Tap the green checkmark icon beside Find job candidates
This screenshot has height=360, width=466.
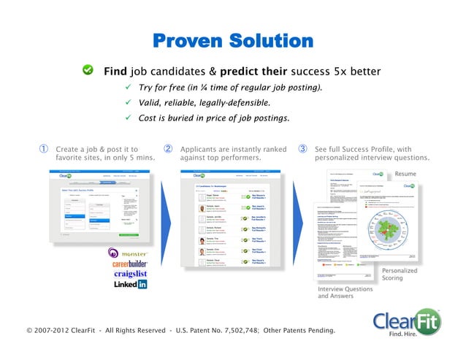[x=87, y=70]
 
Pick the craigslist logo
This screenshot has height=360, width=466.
[x=129, y=274]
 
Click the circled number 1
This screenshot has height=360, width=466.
[x=44, y=149]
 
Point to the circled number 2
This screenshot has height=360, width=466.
[x=168, y=149]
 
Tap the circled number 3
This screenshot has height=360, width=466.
[x=302, y=149]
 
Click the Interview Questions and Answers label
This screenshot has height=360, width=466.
[x=345, y=293]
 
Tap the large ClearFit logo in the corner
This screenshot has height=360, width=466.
[x=407, y=323]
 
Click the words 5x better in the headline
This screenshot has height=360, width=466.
[x=356, y=72]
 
